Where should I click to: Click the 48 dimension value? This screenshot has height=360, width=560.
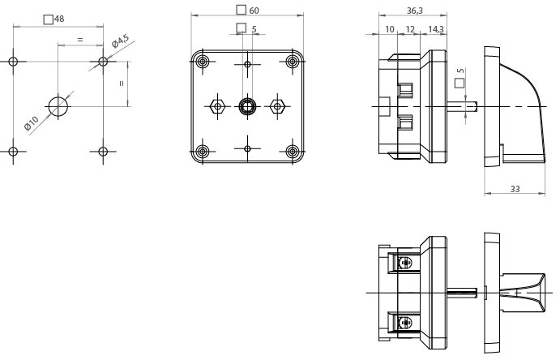point(59,19)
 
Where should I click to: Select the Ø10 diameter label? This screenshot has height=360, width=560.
point(32,124)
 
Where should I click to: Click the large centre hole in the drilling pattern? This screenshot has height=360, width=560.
point(58,105)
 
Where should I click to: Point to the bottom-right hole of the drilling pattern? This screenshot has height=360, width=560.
point(103,151)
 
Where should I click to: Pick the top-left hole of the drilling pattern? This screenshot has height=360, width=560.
point(13,62)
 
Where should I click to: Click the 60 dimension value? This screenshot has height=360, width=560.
point(254,11)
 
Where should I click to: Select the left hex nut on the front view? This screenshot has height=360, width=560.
point(216,105)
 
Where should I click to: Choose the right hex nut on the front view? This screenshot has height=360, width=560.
point(278,105)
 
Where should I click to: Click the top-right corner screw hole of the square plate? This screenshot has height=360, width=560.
point(292,62)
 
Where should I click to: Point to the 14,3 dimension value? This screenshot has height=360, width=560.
point(435,29)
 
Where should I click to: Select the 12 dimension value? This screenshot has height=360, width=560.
point(410,29)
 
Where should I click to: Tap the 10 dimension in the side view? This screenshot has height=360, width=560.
point(390,29)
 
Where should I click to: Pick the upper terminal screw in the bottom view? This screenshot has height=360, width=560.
point(405,262)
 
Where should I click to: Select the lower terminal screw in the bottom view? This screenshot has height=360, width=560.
point(405,322)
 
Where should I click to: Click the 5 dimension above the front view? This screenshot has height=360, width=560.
point(254,29)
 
